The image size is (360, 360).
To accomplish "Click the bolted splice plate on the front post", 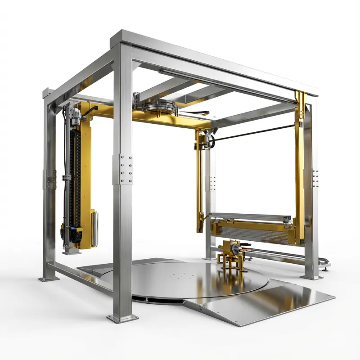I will coord(126,169).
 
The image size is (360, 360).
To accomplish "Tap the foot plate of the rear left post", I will coord(47,279).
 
